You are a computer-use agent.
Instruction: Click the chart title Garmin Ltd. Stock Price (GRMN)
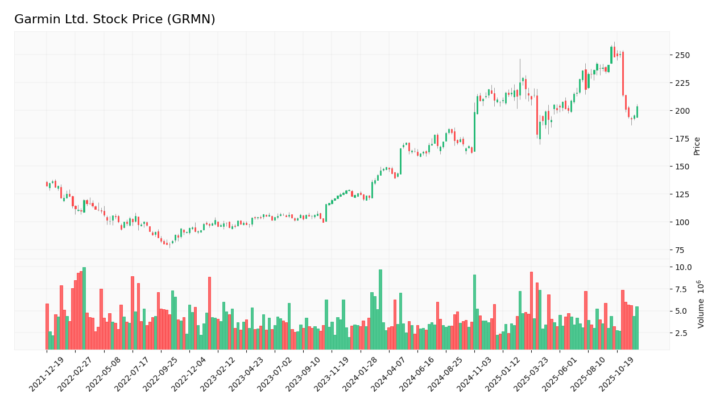coord(115,19)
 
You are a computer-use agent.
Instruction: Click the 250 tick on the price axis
coord(682,55)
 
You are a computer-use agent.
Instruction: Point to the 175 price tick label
coord(682,138)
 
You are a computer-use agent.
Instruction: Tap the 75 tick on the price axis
coord(680,250)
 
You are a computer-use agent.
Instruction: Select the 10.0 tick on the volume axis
coord(682,267)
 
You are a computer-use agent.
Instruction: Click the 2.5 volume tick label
coord(681,333)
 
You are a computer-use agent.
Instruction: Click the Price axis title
coord(697,146)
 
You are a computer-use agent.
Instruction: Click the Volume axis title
coord(701,304)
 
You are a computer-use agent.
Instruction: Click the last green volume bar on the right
coord(637,328)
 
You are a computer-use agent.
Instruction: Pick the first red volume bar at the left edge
coord(47,326)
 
